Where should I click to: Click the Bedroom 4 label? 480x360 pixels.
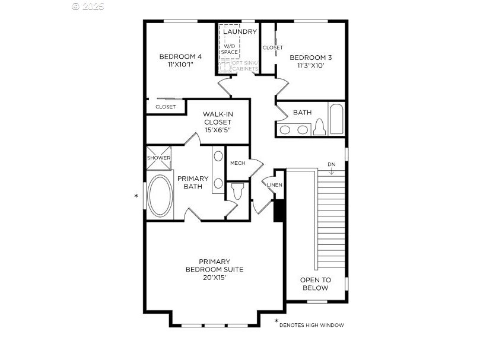pyautogui.click(x=180, y=56)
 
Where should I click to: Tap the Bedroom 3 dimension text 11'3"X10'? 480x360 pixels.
pyautogui.click(x=310, y=65)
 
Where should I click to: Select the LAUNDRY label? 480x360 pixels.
pyautogui.click(x=240, y=31)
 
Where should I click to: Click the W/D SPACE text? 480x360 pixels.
pyautogui.click(x=229, y=49)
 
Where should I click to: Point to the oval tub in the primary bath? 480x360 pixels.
pyautogui.click(x=160, y=196)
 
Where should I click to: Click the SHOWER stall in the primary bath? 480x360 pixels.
pyautogui.click(x=158, y=158)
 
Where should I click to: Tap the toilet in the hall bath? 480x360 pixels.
pyautogui.click(x=320, y=127)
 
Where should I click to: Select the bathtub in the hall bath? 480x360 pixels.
pyautogui.click(x=336, y=119)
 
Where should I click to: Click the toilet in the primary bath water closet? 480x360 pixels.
pyautogui.click(x=237, y=191)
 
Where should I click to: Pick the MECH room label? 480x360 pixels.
pyautogui.click(x=237, y=163)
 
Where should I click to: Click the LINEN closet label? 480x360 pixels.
pyautogui.click(x=275, y=185)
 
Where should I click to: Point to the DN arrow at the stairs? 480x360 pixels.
pyautogui.click(x=331, y=172)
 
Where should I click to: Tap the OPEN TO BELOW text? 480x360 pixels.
pyautogui.click(x=315, y=283)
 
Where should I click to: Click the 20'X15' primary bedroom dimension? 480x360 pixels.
pyautogui.click(x=214, y=278)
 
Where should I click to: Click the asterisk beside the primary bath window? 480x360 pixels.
pyautogui.click(x=136, y=196)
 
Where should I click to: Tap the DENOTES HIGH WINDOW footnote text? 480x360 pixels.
pyautogui.click(x=311, y=325)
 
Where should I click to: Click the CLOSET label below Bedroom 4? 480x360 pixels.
pyautogui.click(x=166, y=107)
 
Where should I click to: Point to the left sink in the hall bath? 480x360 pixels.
pyautogui.click(x=285, y=130)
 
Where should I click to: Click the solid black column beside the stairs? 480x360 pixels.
pyautogui.click(x=278, y=211)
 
